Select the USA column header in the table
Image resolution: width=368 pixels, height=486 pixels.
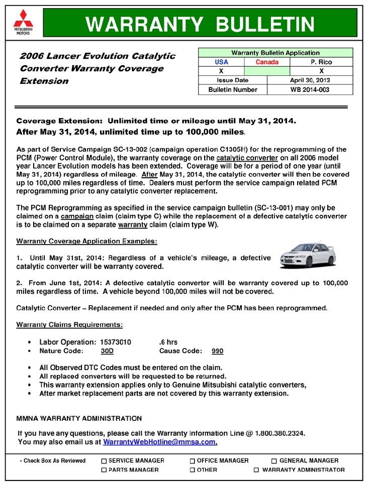[x=221, y=62]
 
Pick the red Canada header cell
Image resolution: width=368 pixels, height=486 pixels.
[x=267, y=62]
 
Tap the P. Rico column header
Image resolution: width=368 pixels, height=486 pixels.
[x=322, y=62]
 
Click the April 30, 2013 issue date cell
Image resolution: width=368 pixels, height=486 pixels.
[x=310, y=80]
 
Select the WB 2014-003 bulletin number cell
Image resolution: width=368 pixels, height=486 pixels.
[x=310, y=90]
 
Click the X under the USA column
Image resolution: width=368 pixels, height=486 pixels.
[x=221, y=71]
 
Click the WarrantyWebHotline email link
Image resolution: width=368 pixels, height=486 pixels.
[x=160, y=442]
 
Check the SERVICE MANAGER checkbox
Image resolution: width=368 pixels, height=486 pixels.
[x=104, y=461]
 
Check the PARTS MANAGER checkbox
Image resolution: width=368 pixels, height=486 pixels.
[x=104, y=470]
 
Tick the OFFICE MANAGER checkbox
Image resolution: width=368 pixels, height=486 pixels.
[x=193, y=461]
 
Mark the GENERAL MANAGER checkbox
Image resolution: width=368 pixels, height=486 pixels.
[x=274, y=461]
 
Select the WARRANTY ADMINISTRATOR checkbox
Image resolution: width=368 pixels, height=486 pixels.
[x=256, y=470]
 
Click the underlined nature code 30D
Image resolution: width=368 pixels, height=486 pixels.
[x=107, y=351]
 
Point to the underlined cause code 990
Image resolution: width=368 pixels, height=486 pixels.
[x=217, y=351]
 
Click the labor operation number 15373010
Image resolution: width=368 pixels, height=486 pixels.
[x=116, y=342]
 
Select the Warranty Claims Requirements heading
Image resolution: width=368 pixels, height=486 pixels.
[x=69, y=325]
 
